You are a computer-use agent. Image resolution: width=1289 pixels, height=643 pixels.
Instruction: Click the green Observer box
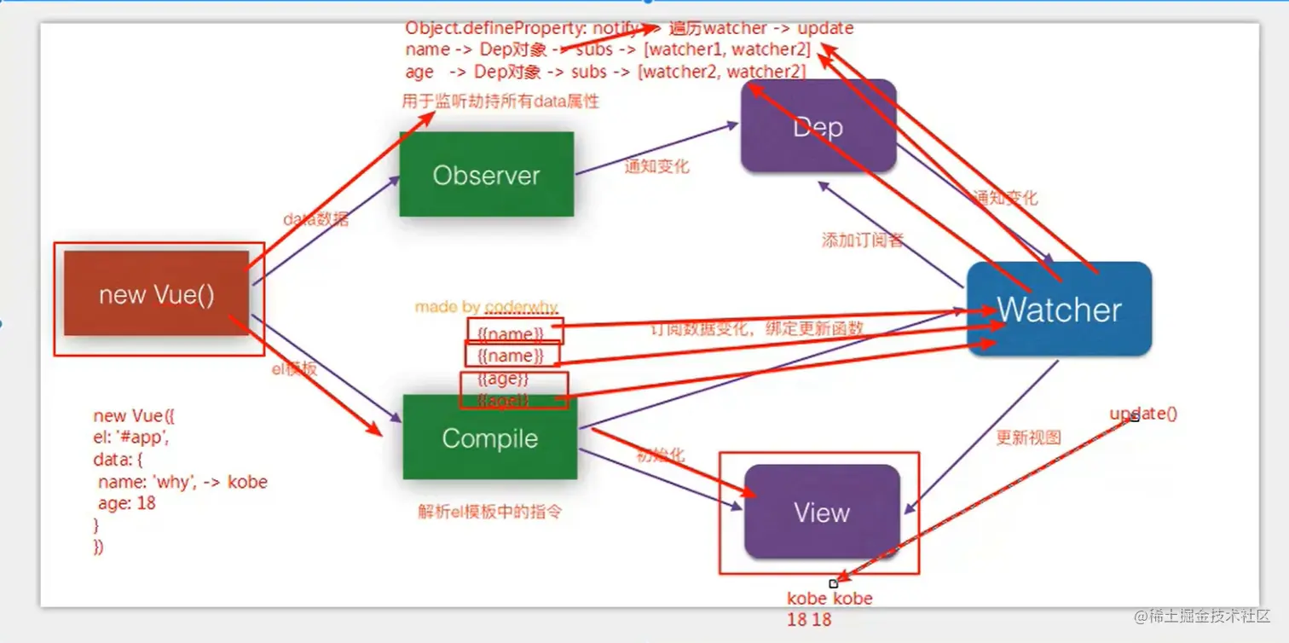(x=487, y=175)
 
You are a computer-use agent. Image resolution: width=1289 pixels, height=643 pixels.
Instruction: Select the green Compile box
(x=490, y=437)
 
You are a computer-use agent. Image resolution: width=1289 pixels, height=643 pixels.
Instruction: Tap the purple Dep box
(x=818, y=127)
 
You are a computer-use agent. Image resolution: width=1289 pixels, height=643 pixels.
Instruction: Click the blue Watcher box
(x=1060, y=309)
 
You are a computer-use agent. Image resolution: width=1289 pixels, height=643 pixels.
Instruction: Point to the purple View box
(x=822, y=512)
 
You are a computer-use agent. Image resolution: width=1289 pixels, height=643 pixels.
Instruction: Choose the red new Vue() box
(x=157, y=294)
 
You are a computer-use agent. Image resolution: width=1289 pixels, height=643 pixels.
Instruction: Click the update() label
(x=1143, y=414)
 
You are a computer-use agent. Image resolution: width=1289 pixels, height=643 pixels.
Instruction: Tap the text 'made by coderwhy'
(x=486, y=306)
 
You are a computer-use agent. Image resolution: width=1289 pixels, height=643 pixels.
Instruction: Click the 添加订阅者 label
(x=862, y=240)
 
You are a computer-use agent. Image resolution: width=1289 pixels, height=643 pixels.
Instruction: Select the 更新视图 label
(x=1028, y=437)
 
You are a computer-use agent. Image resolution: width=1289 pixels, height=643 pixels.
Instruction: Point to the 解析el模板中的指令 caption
(x=490, y=512)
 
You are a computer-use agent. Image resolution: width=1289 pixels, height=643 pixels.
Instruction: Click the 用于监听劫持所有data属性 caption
(x=500, y=101)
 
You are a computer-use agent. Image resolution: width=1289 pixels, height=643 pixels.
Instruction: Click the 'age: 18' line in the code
(x=127, y=503)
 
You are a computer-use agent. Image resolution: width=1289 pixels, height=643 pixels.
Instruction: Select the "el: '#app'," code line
(x=131, y=438)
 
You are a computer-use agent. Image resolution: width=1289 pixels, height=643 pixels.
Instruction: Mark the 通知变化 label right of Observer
(x=656, y=166)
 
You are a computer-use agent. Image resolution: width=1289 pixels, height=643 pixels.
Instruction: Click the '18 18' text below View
(x=808, y=620)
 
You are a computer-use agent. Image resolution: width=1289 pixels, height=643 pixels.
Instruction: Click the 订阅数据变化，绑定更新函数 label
(x=757, y=328)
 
